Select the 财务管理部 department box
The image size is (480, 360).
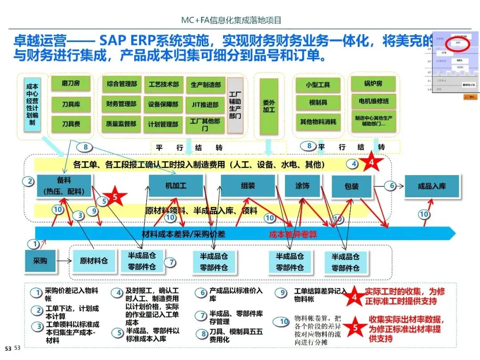121,104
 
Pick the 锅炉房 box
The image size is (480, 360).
373,83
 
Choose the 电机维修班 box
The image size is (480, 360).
373,101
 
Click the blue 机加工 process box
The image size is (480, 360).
176,186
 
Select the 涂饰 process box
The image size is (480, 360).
302,186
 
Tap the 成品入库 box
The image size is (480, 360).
432,186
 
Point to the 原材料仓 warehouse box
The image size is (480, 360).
94,261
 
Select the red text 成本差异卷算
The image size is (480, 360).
293,234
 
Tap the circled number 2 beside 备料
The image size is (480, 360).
30,181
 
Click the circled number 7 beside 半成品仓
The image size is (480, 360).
171,263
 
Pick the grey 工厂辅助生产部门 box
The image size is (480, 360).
235,106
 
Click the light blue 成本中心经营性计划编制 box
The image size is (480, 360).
32,104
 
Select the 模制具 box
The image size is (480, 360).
318,103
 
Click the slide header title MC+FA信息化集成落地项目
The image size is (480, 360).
231,20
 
